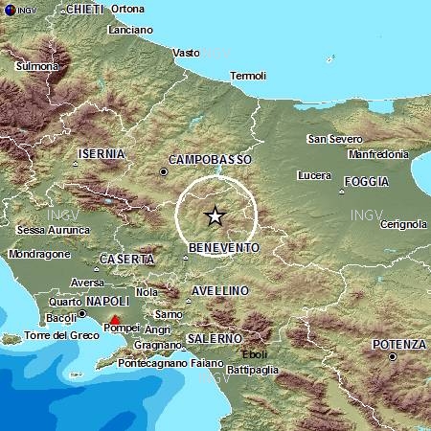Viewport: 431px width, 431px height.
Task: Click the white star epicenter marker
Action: click(215, 216)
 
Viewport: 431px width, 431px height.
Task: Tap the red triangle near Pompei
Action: click(115, 320)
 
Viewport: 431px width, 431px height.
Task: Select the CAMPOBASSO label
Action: click(210, 159)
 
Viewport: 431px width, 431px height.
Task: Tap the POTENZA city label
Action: click(401, 344)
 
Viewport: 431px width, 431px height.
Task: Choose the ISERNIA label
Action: click(102, 152)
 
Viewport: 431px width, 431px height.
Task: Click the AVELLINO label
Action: click(220, 290)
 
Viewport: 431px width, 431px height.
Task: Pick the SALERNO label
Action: click(215, 338)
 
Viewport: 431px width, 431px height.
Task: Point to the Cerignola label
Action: click(403, 224)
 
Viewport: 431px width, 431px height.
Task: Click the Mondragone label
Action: click(39, 255)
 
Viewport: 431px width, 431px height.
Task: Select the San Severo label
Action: click(334, 139)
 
